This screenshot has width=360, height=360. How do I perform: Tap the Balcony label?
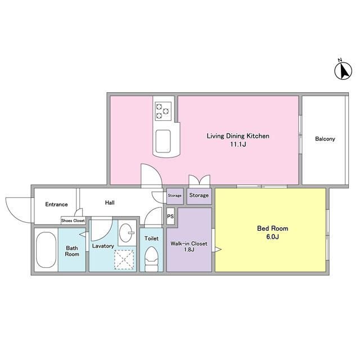(x=325, y=139)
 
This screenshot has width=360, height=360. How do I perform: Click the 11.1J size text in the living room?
(x=238, y=145)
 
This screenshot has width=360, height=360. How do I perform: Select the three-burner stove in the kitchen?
(x=163, y=111)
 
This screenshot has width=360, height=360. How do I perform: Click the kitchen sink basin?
(x=163, y=141)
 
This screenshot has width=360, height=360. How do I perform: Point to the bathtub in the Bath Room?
(x=46, y=250)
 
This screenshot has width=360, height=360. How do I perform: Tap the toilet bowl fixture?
(x=151, y=259)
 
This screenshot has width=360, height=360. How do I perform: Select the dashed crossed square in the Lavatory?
(x=124, y=260)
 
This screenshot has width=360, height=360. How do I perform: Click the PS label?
(x=170, y=216)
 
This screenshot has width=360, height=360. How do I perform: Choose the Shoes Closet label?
(x=73, y=220)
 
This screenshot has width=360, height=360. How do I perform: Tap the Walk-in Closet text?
(x=189, y=244)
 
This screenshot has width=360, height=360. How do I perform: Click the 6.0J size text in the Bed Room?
(x=272, y=237)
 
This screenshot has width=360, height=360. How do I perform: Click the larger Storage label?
(x=199, y=195)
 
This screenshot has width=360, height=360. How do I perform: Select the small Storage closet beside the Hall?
(x=175, y=196)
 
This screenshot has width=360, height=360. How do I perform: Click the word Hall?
(x=110, y=202)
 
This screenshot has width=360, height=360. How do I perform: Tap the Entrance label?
(x=56, y=204)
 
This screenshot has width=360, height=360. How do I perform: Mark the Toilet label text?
(x=151, y=238)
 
